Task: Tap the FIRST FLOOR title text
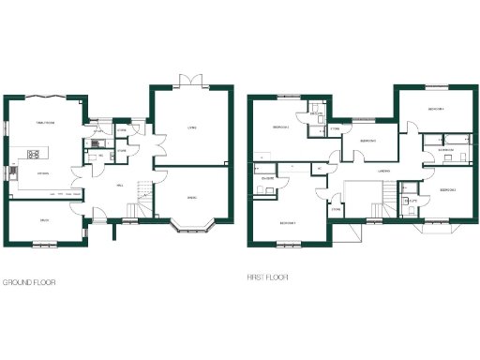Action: click(267, 277)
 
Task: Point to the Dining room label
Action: click(191, 197)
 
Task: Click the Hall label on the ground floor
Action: click(121, 186)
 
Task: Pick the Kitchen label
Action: click(42, 173)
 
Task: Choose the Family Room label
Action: click(45, 122)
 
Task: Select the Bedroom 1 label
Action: click(289, 223)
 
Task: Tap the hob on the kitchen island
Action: click(36, 154)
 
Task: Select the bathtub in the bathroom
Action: click(441, 140)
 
